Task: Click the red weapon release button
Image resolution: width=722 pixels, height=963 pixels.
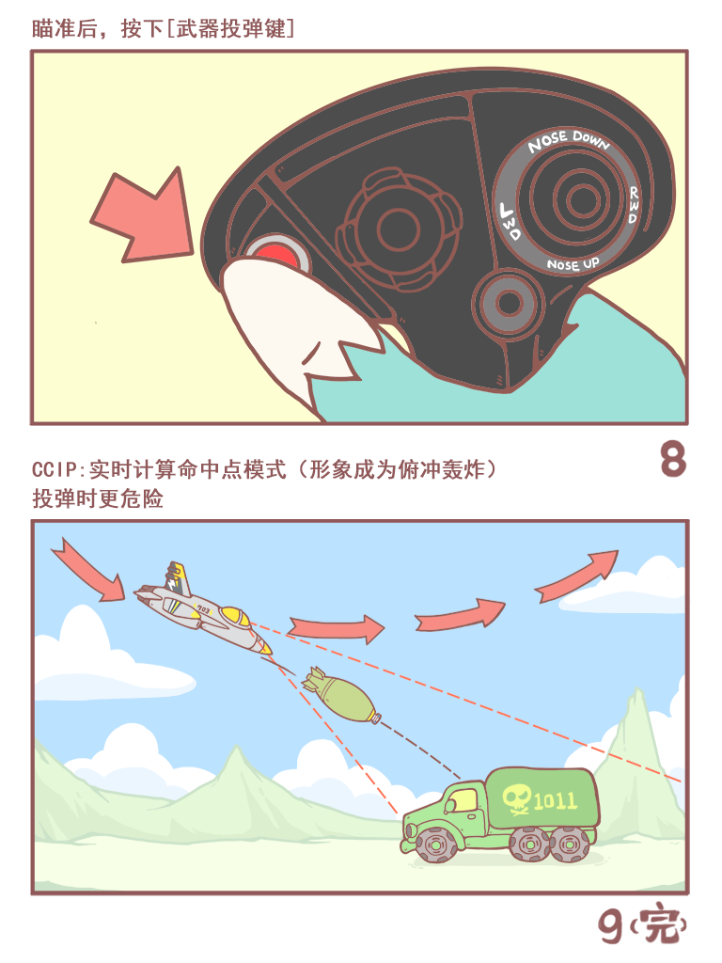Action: [275, 255]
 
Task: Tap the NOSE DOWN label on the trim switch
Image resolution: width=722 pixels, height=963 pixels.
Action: [568, 141]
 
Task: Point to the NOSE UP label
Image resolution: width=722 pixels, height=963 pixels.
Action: [573, 264]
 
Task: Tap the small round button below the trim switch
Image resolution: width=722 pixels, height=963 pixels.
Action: [510, 303]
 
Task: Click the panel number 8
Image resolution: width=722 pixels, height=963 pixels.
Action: [672, 460]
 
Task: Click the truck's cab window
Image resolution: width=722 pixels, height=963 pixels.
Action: [462, 801]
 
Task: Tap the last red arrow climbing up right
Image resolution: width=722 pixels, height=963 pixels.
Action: [577, 576]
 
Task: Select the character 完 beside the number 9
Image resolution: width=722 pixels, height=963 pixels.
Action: [660, 927]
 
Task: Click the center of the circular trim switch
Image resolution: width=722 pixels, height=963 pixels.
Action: [573, 199]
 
